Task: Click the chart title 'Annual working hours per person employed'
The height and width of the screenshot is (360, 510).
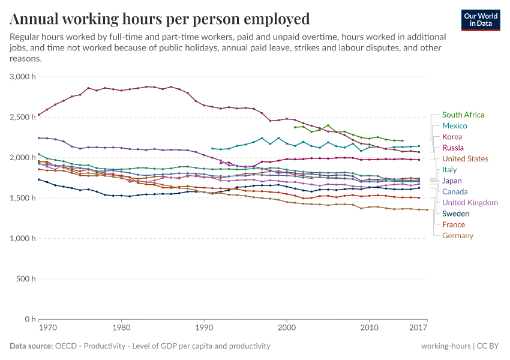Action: click(x=160, y=19)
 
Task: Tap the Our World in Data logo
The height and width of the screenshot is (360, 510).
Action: click(x=481, y=20)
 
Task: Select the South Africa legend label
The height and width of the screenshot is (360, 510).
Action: click(x=463, y=115)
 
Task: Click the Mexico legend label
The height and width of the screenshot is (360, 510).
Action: click(x=454, y=126)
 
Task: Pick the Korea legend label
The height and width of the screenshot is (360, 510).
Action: click(x=452, y=137)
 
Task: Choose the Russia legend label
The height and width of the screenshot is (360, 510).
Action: click(x=452, y=148)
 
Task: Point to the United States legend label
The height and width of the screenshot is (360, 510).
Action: click(x=465, y=159)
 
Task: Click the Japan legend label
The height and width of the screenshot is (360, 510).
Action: click(x=452, y=181)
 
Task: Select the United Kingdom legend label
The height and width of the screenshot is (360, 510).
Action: click(x=470, y=203)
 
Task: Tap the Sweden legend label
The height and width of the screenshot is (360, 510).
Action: click(x=455, y=214)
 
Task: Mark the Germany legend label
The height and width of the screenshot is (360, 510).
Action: click(x=457, y=236)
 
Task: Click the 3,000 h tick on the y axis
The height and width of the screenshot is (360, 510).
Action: click(x=23, y=77)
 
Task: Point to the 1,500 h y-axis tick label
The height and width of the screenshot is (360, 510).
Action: click(x=23, y=198)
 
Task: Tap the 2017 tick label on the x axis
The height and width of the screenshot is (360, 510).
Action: click(x=418, y=328)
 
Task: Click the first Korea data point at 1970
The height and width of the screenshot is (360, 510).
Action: click(x=39, y=115)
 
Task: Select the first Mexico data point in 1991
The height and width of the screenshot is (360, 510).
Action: click(x=212, y=148)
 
